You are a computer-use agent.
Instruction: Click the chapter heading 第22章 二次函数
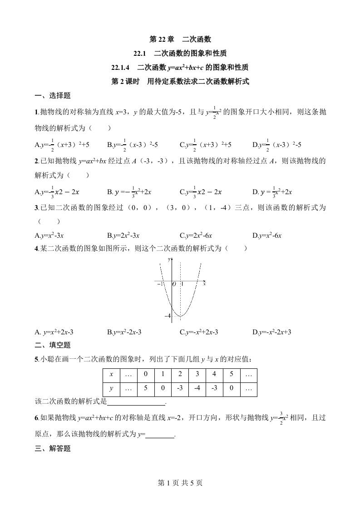click(x=180, y=39)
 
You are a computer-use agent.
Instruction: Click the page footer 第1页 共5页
click(x=180, y=483)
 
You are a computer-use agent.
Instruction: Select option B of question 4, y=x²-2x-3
click(x=124, y=332)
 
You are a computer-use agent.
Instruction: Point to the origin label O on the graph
click(x=173, y=284)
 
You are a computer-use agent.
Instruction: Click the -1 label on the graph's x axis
click(x=159, y=284)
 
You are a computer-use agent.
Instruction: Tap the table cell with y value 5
click(x=145, y=389)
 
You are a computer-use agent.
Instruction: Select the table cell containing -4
click(x=197, y=389)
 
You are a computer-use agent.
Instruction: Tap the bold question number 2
click(x=36, y=160)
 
